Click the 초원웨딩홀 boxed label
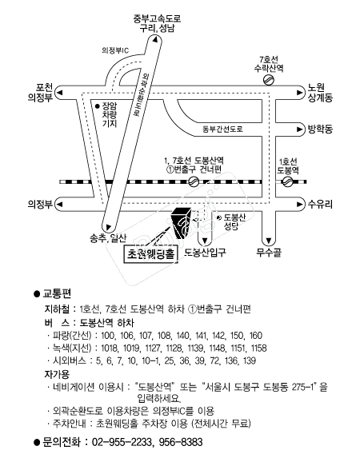pos(150,254)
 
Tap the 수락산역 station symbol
pos(268,80)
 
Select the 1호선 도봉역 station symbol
pos(287,181)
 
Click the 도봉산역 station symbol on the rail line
pos(194,181)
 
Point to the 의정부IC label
pos(115,50)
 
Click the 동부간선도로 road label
pos(223,129)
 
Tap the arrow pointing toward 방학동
pos(299,129)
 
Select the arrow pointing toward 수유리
pos(299,204)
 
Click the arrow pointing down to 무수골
pos(269,241)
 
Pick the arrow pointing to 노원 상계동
pos(299,93)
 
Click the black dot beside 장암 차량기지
pos(98,106)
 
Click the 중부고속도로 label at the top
pos(157,18)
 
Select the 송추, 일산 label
pos(109,238)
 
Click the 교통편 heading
pos(57,293)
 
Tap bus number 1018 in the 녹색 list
pos(110,348)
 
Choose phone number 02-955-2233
pos(122,442)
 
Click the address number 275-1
pos(303,388)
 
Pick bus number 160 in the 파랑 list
pos(255,336)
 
